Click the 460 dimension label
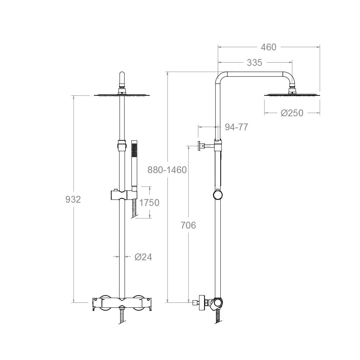point(269,47)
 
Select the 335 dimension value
point(255,62)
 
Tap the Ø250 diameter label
point(292,113)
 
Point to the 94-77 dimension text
point(236,127)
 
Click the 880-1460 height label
point(167,170)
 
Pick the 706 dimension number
point(188,225)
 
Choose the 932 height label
point(73,199)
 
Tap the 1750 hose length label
point(149,202)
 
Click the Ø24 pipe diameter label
point(143,257)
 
